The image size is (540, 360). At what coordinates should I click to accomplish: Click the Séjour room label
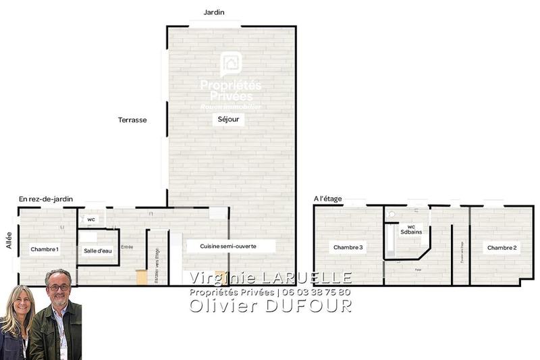(228, 120)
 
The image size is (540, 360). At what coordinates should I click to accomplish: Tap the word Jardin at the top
(214, 12)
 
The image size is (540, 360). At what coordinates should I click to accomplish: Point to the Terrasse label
(132, 120)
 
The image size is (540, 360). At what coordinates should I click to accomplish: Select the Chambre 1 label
(45, 249)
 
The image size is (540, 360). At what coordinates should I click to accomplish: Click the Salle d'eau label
(98, 251)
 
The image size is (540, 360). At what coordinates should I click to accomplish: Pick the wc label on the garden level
(91, 220)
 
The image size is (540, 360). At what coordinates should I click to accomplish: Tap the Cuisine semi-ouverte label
(228, 247)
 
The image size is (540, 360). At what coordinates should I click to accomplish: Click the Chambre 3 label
(348, 248)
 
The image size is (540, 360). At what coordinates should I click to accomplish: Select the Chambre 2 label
(502, 248)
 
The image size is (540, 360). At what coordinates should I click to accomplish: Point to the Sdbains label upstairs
(411, 231)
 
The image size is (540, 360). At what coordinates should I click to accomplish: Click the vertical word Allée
(9, 241)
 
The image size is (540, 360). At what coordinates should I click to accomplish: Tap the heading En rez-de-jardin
(46, 199)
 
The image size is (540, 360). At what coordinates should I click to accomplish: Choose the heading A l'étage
(328, 199)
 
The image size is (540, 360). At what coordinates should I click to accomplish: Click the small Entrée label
(127, 247)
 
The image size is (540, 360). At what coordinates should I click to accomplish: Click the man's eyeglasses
(59, 287)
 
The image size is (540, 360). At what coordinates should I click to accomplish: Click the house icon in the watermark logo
(231, 65)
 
